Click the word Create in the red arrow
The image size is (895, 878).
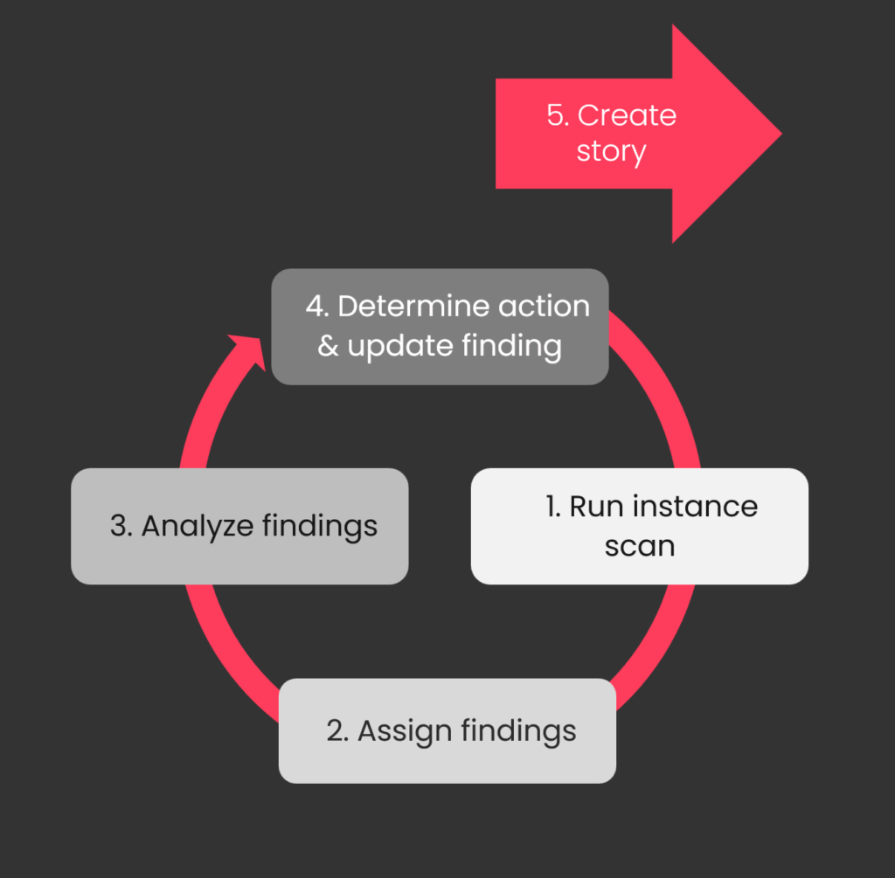627,115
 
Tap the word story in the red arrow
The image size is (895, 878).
611,152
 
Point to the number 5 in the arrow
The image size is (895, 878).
557,115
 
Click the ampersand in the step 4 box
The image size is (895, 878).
328,346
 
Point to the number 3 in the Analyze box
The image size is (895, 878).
119,527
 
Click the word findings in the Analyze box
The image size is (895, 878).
320,527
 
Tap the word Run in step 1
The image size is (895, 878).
597,507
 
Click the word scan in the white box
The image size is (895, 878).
639,547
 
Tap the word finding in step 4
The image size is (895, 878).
511,347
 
